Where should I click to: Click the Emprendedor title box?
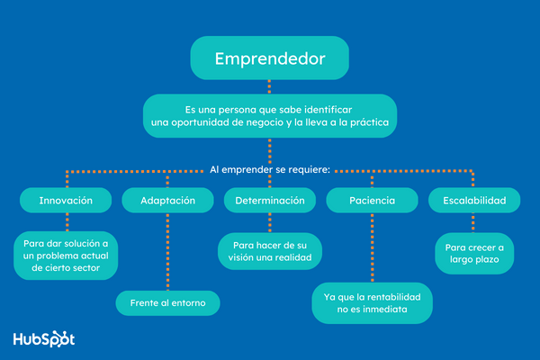click(269, 59)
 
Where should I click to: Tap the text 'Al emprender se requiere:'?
click(269, 168)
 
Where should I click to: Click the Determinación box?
click(270, 201)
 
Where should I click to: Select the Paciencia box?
click(371, 201)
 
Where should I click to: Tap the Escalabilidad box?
click(473, 201)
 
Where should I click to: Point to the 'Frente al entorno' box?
click(167, 303)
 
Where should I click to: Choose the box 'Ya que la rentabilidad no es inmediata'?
click(371, 302)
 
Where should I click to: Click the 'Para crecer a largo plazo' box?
click(474, 254)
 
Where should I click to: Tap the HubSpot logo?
click(43, 339)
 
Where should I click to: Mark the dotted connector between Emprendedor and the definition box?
click(269, 87)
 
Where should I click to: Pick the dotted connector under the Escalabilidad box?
click(474, 223)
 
